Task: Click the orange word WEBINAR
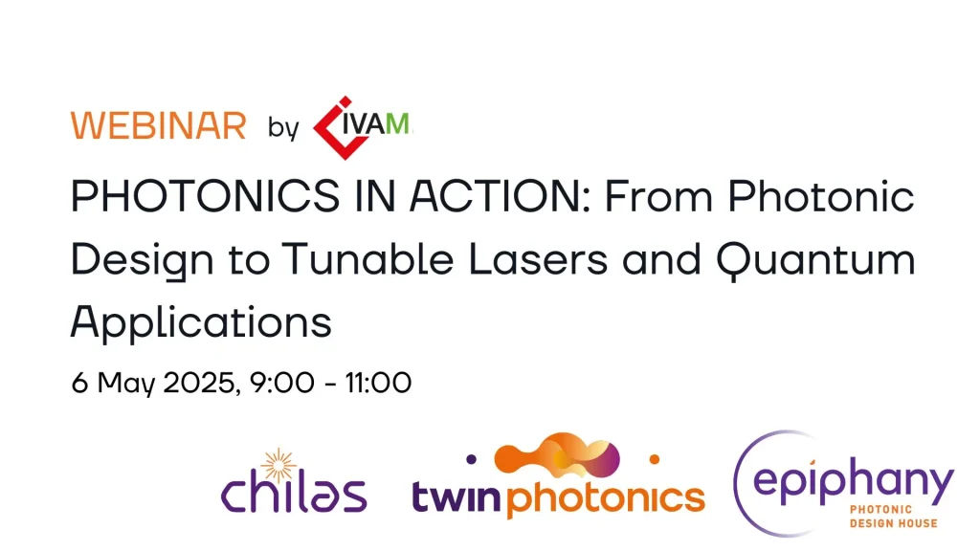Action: [x=158, y=125]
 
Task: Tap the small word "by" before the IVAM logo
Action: [x=283, y=128]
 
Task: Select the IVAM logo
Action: [x=362, y=127]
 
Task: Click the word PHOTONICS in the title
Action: [x=205, y=195]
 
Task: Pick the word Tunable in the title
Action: [x=367, y=258]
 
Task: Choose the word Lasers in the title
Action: [x=538, y=258]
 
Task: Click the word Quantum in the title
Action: [x=815, y=260]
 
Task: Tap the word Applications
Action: [x=201, y=323]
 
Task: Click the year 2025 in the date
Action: [x=201, y=383]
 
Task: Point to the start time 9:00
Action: [x=282, y=383]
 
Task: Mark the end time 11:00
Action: [x=378, y=383]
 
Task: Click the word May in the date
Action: [x=125, y=384]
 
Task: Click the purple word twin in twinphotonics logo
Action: [x=457, y=497]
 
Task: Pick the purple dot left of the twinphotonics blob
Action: [x=471, y=460]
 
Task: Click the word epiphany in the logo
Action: [x=853, y=480]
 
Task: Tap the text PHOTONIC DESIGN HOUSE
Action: [x=893, y=517]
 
